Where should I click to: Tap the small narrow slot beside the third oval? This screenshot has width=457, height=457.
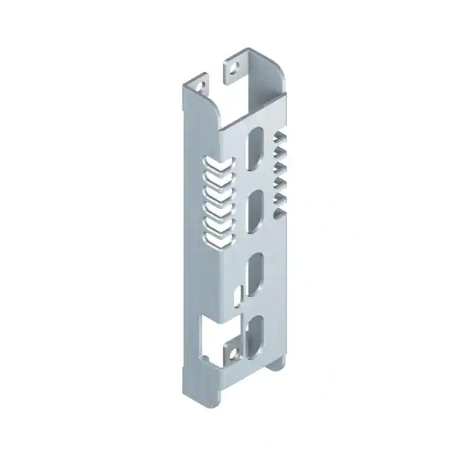pos(239,293)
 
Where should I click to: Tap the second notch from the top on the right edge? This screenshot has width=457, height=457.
pos(281,152)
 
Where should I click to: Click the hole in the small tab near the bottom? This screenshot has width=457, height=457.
pos(231,353)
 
